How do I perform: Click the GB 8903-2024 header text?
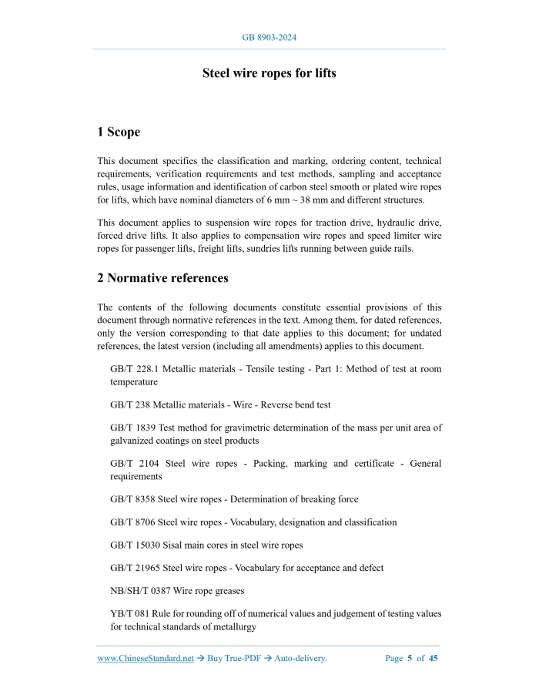(269, 38)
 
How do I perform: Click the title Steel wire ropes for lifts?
(269, 74)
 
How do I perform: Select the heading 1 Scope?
(119, 133)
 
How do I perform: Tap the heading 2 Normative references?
(162, 278)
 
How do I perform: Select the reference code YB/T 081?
(129, 615)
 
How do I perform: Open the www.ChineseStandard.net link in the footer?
(146, 659)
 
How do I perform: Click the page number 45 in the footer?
(434, 659)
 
